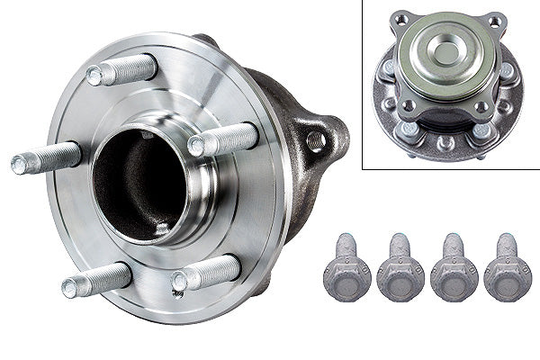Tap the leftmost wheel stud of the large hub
pos(45,158)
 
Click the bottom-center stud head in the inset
pos(445,142)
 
